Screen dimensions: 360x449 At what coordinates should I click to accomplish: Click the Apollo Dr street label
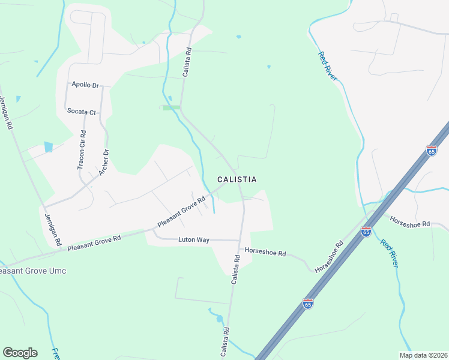point(85,85)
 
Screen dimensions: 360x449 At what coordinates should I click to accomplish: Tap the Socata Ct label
point(82,112)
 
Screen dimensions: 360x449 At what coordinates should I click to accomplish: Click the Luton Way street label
point(193,240)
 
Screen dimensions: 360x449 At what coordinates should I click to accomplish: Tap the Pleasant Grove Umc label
point(32,271)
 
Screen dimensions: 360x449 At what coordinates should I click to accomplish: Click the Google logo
point(20,353)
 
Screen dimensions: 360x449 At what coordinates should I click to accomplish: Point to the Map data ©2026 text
point(423,355)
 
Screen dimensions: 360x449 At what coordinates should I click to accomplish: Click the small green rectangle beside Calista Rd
point(171,107)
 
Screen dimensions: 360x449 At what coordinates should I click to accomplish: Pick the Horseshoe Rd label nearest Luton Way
point(265,253)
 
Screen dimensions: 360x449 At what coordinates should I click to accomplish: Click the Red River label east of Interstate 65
point(390,254)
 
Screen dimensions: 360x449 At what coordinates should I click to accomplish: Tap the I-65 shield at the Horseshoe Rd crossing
point(366,230)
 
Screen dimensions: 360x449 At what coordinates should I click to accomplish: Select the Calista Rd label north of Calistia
point(187,61)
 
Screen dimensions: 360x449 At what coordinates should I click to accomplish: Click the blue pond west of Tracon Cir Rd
point(48,147)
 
